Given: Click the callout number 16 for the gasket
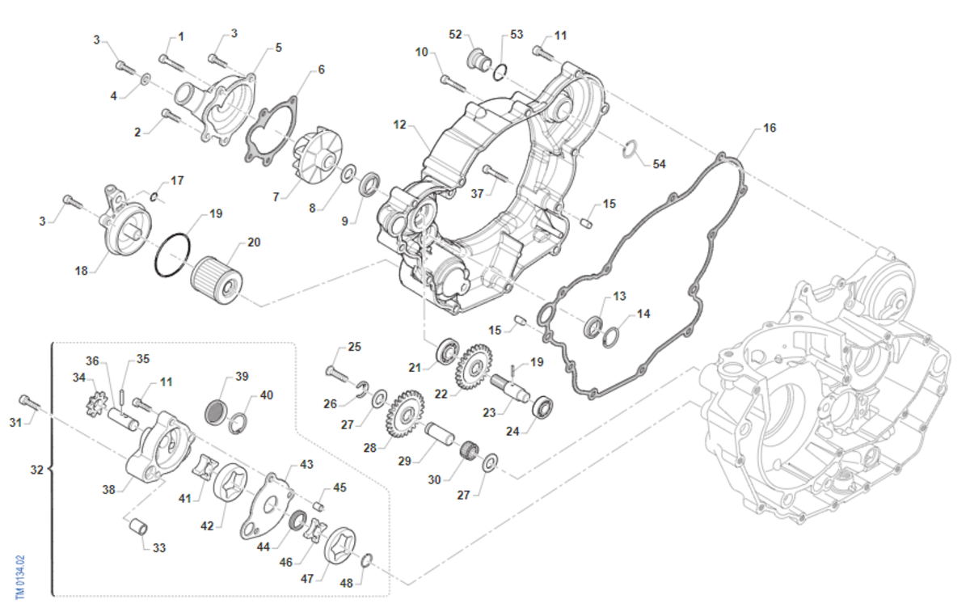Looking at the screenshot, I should [769, 129].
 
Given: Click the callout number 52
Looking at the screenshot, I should [455, 34].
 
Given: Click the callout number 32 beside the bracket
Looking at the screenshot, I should [36, 469].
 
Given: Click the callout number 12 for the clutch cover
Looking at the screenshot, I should [399, 125].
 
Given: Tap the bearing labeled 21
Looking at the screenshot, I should [446, 352].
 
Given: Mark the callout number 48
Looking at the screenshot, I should [346, 583].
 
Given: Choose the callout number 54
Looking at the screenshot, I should [660, 164].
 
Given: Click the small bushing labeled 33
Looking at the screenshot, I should [138, 528].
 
